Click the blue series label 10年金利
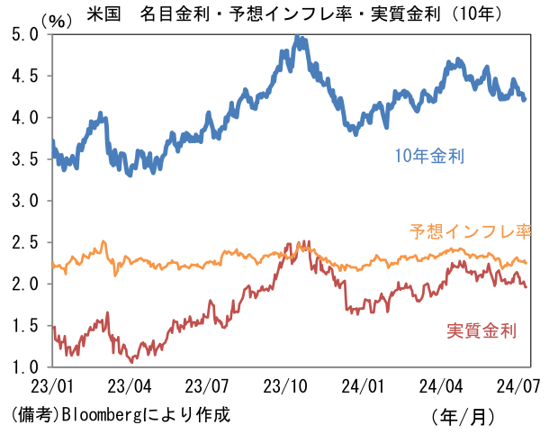[x=429, y=157]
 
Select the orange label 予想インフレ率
[x=471, y=231]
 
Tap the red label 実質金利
[x=481, y=330]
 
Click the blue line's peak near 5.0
[x=298, y=39]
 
